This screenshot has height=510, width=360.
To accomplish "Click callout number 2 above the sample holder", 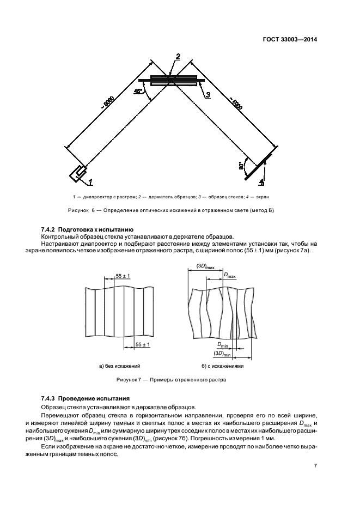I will (177, 56).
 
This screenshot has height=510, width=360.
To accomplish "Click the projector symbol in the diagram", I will (76, 173).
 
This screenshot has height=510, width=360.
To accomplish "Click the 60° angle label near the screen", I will (240, 166).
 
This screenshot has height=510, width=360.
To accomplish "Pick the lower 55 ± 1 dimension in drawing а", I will (143, 344).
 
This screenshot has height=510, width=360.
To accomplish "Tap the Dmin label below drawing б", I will (222, 344).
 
